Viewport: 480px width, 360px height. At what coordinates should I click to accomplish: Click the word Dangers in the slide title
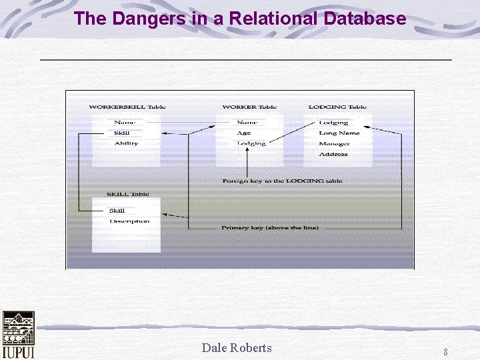pos(141,18)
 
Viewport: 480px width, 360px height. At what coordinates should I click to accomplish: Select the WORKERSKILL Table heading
pos(127,107)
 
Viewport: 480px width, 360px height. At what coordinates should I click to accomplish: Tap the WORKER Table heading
pos(249,107)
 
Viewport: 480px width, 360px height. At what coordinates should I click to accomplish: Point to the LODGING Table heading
pos(337,107)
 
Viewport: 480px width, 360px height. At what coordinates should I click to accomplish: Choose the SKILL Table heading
pos(128,194)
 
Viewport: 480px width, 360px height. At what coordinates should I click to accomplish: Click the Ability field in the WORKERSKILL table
pos(126,143)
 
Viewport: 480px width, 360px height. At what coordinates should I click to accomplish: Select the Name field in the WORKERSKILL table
pos(124,123)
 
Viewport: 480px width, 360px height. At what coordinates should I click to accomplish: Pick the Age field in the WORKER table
pos(244,133)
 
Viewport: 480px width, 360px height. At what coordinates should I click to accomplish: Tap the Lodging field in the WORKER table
pos(251,143)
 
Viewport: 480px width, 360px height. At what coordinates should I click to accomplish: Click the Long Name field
pos(339,133)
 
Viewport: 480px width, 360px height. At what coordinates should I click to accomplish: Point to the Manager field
pos(334,143)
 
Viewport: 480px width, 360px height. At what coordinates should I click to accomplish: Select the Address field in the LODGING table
pos(333,154)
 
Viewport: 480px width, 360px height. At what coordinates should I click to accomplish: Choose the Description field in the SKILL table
pos(129,221)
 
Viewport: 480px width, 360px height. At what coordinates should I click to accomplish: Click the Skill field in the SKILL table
pos(117,211)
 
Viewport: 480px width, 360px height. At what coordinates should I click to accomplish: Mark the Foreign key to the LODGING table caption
pos(283,181)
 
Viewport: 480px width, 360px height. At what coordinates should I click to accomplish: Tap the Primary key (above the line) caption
pos(270,227)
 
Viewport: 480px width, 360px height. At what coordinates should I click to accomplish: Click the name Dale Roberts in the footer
pos(237,347)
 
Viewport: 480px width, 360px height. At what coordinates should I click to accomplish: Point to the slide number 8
pos(445,351)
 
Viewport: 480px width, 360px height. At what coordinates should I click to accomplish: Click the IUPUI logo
pos(18,335)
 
